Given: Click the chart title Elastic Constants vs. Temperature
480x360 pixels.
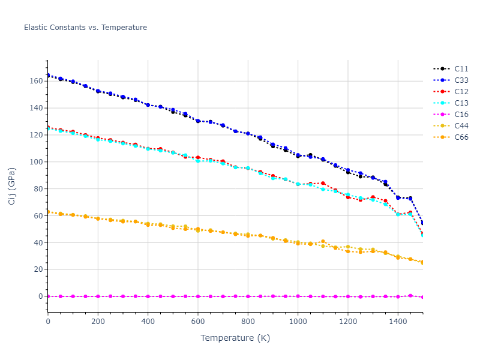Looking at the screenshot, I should click(85, 28).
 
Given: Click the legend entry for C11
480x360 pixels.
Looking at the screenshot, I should click(461, 69).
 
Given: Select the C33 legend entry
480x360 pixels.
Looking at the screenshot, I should click(461, 80).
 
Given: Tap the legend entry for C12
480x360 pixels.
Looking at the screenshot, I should click(461, 92).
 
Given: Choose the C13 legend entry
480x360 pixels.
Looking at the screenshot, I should click(461, 103).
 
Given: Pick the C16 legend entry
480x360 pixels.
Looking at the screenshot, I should click(461, 115).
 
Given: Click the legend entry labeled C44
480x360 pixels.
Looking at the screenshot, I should click(461, 126).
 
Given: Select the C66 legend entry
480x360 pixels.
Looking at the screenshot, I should click(461, 137).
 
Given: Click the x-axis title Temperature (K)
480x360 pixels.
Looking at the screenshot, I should click(235, 338).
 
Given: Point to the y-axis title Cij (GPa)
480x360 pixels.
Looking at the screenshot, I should click(12, 186).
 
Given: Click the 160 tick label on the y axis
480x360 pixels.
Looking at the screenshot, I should click(35, 81).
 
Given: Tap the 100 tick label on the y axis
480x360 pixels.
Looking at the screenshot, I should click(35, 162).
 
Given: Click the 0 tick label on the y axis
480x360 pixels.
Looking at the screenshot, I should click(40, 296).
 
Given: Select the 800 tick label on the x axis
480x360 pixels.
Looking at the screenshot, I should click(248, 322).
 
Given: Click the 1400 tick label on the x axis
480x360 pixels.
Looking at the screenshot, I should click(398, 322).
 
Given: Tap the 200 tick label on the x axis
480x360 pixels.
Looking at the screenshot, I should click(98, 322).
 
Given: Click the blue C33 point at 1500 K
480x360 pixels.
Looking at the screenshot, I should click(422, 223).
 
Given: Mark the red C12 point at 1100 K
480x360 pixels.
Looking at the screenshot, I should click(323, 183).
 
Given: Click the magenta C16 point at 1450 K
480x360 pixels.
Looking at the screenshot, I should click(410, 295).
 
